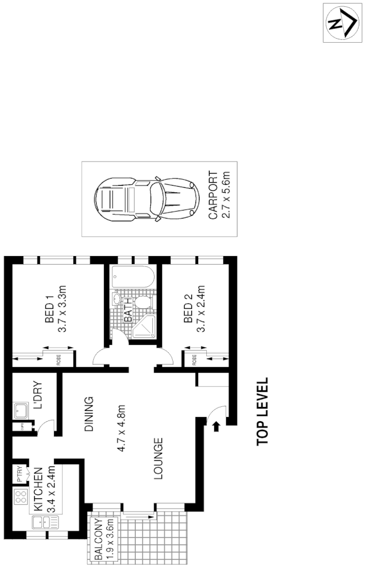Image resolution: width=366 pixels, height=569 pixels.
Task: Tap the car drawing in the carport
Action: [x=147, y=199]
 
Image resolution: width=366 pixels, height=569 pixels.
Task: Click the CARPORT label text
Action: [x=213, y=196]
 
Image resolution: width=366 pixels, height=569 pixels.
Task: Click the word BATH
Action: [x=128, y=310]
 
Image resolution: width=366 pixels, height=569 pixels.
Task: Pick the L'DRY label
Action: [x=38, y=395]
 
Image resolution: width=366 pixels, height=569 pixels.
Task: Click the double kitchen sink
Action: [x=41, y=523]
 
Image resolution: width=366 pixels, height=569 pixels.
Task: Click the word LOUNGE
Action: [x=159, y=458]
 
